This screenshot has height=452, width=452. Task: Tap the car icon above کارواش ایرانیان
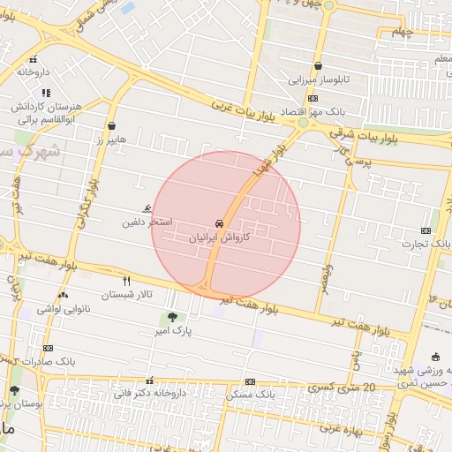pos(219,223)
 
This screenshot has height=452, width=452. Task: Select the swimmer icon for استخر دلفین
pos(146,209)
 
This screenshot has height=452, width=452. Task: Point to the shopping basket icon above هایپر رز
pos(111,126)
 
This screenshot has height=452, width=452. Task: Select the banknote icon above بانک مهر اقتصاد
pos(312,99)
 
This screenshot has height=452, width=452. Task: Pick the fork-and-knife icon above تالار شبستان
pos(127,281)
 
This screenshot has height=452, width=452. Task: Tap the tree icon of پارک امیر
pos(171,317)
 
